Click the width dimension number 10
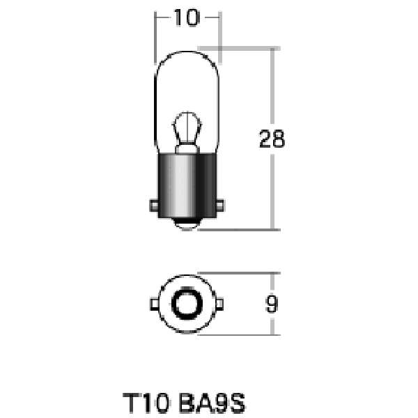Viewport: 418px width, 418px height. (186, 19)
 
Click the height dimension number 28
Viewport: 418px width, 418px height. (272, 139)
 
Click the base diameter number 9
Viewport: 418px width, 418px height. (272, 304)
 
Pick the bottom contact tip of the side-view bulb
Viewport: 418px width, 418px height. (186, 224)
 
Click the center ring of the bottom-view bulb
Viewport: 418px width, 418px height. (186, 304)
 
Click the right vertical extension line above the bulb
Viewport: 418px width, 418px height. (220, 35)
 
